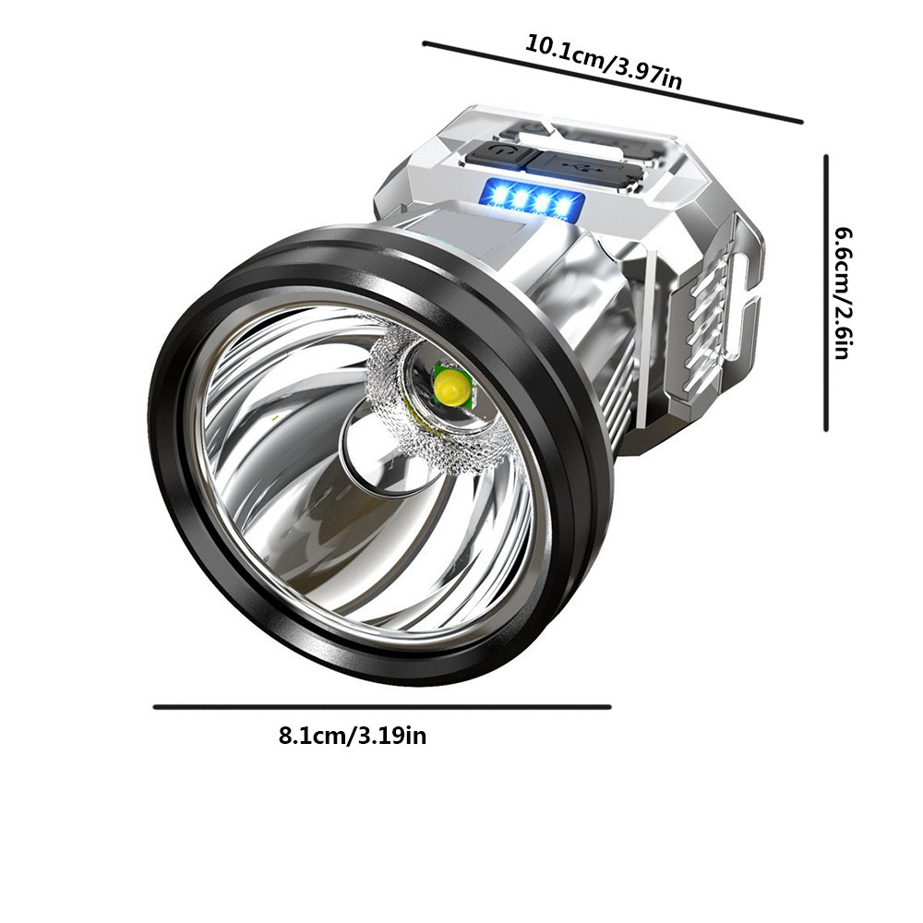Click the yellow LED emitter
coord(452,390)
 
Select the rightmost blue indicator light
coord(564,206)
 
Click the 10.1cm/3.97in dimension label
coord(603,63)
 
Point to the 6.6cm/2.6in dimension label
coord(843,294)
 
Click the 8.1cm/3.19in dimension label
coord(353,736)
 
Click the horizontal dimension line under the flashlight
coord(383,707)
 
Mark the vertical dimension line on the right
coord(826,294)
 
